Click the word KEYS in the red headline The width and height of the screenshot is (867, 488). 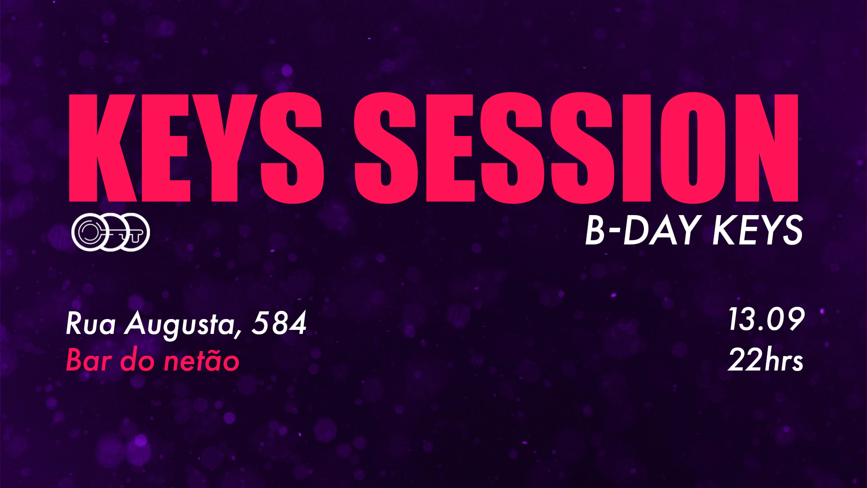tap(196, 148)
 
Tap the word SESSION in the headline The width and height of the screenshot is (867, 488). tap(576, 148)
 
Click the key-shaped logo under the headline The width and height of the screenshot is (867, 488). tap(111, 232)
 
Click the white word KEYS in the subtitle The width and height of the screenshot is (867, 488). tap(757, 230)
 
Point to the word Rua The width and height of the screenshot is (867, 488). tap(91, 324)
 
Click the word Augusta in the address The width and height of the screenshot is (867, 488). tap(179, 324)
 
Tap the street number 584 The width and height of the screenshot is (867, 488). tap(279, 323)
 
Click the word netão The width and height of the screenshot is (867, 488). tap(201, 361)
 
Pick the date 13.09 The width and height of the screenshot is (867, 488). tap(766, 319)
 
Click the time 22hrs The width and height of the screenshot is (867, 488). tap(765, 360)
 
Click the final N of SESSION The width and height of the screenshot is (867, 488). tap(767, 148)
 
